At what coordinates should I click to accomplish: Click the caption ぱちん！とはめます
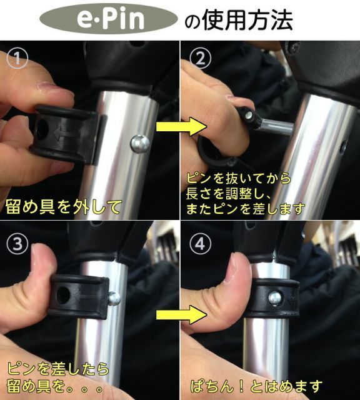tap(256, 386)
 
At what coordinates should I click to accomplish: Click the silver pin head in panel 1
tap(139, 143)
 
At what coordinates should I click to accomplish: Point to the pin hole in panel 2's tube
tap(343, 147)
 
